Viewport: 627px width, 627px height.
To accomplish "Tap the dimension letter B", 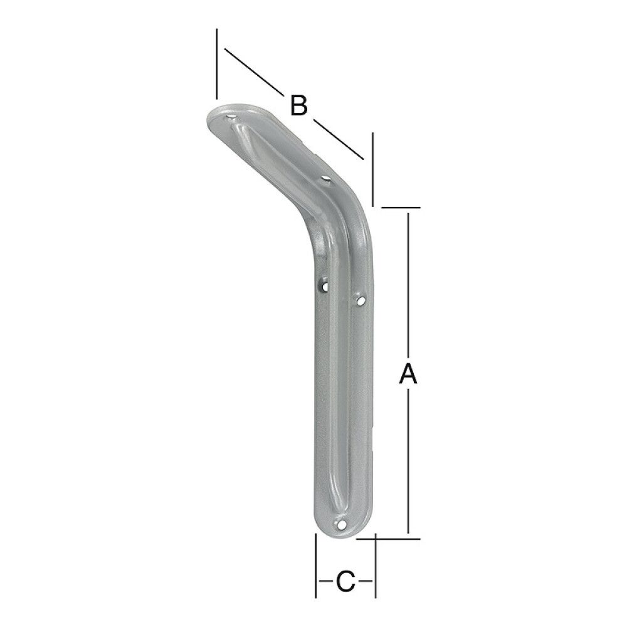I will point(298,105).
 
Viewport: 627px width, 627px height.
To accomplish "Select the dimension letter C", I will point(344,581).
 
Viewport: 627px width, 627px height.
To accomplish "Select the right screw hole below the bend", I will point(361,302).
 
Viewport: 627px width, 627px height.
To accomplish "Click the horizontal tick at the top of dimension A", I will point(399,206).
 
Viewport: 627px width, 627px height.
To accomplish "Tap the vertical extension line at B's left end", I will point(216,63).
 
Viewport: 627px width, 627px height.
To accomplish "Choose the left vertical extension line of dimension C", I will point(315,564).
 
